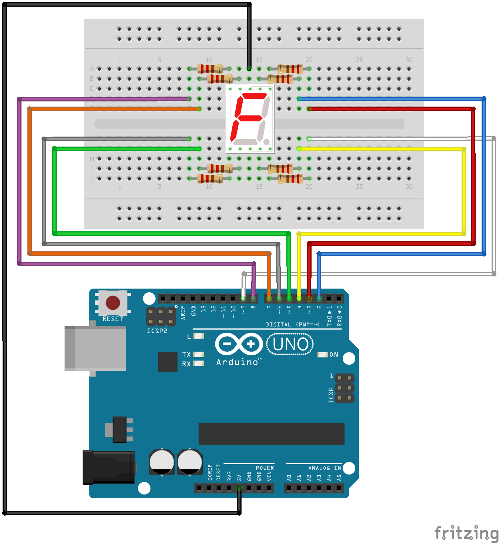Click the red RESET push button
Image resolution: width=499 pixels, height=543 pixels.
[x=113, y=303]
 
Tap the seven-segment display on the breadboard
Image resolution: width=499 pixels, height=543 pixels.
[x=250, y=119]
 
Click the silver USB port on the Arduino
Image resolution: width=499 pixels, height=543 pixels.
[x=95, y=348]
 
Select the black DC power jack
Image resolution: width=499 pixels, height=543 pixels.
[x=109, y=467]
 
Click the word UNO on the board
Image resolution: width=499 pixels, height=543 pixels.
[x=290, y=344]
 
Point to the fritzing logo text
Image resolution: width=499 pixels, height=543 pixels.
[x=466, y=533]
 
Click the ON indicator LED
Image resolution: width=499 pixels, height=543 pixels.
[x=322, y=355]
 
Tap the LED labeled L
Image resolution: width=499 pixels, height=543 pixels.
[x=199, y=336]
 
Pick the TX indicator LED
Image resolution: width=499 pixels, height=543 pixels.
[x=199, y=355]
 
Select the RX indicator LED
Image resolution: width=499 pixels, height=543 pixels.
[x=199, y=363]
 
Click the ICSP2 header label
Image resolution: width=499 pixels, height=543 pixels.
[x=157, y=331]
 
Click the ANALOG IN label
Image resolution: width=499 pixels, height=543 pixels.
[x=325, y=468]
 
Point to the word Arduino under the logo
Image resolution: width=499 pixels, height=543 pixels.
[x=237, y=362]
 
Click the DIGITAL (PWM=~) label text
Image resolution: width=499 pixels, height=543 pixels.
[x=293, y=325]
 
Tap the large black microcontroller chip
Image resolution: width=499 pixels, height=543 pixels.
[x=271, y=433]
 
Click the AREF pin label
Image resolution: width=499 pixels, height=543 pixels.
[x=183, y=313]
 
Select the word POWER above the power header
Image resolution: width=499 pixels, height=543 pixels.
[x=265, y=468]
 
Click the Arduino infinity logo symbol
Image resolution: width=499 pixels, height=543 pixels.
[x=239, y=344]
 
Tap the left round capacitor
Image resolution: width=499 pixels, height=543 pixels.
[x=162, y=462]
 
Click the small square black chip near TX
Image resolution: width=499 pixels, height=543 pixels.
[x=167, y=362]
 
